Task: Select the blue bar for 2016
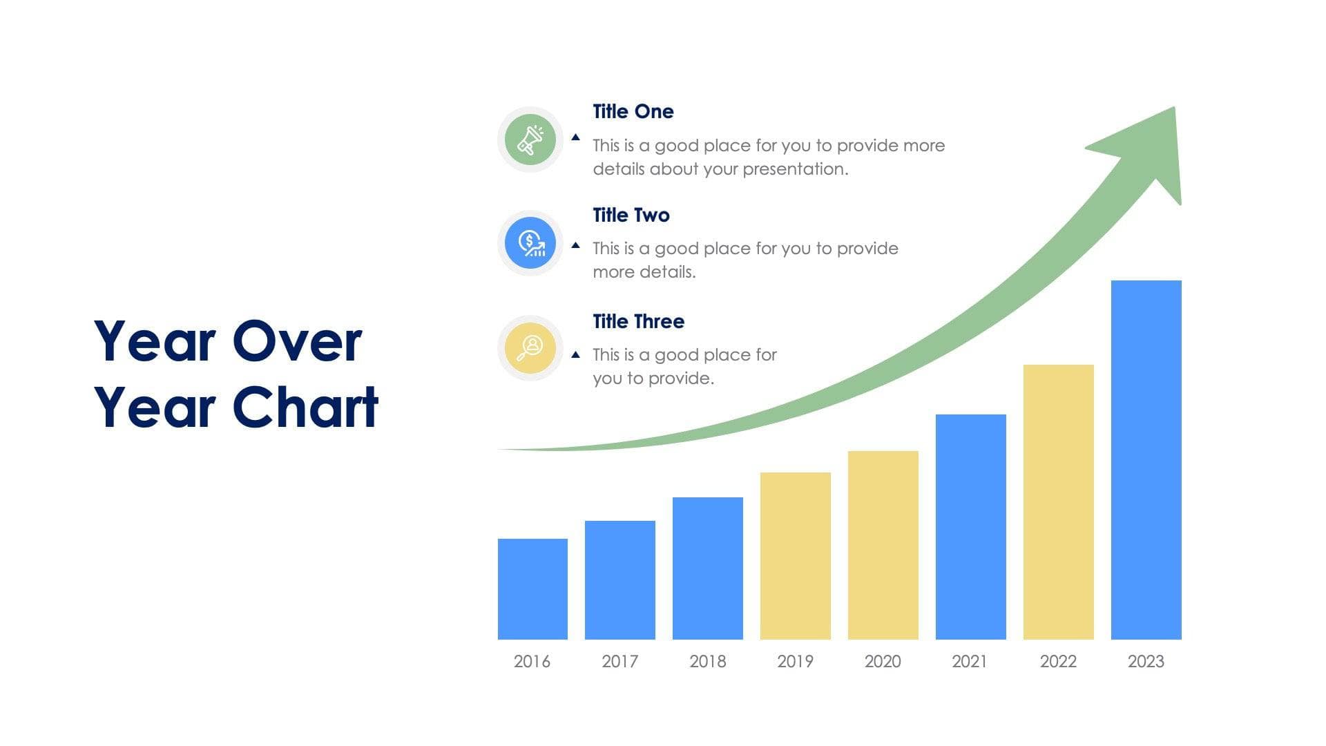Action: (x=532, y=589)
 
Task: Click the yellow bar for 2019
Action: (x=795, y=555)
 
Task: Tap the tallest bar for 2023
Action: (x=1146, y=459)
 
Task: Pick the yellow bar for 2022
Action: (x=1058, y=501)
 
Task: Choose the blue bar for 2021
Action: (x=970, y=526)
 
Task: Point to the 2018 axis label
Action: (x=707, y=661)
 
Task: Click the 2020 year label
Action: (x=883, y=661)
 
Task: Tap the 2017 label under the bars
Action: (x=619, y=661)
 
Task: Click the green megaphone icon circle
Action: (x=530, y=140)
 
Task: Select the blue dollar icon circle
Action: (x=530, y=243)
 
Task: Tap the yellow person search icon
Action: (x=530, y=347)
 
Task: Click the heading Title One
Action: (x=633, y=111)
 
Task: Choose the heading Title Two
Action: (x=631, y=215)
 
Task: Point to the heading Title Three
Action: (x=638, y=321)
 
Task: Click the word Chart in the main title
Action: (x=306, y=408)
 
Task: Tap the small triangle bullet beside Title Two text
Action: (x=575, y=245)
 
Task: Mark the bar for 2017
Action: (x=619, y=580)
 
